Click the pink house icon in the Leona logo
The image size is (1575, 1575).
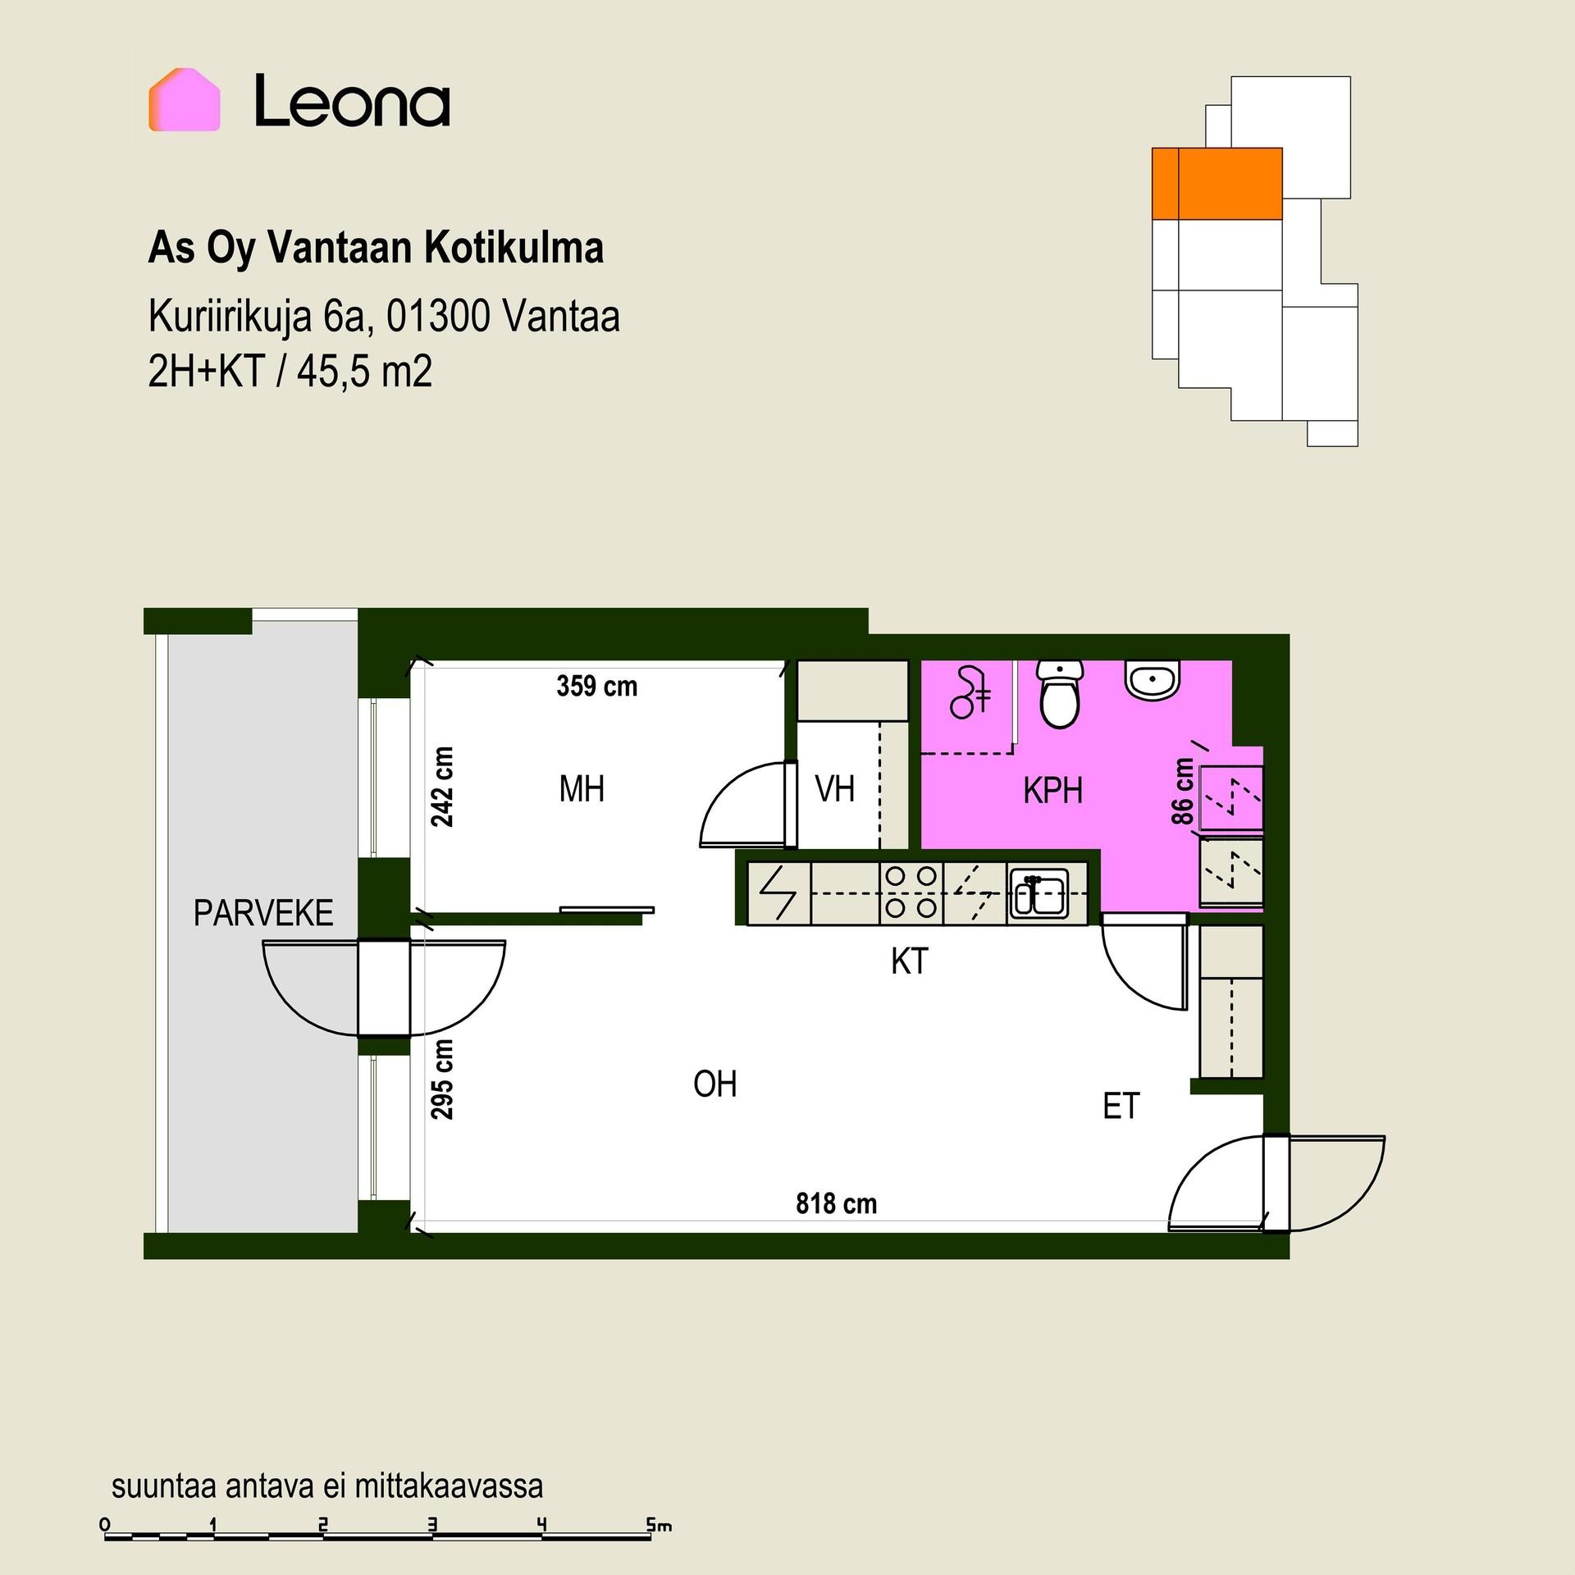[x=184, y=99]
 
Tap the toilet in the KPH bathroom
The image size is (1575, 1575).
[x=1060, y=695]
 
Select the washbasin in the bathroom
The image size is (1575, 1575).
[x=1153, y=680]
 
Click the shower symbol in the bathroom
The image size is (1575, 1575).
[x=970, y=694]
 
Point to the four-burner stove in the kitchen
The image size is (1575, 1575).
[x=911, y=892]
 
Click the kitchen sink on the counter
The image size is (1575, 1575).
[x=1039, y=892]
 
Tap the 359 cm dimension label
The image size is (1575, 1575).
[x=596, y=686]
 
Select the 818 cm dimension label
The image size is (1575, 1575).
[x=836, y=1203]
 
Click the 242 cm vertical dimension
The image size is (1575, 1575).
[x=442, y=786]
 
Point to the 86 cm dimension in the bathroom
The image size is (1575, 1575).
[x=1182, y=791]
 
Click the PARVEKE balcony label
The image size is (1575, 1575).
[x=263, y=913]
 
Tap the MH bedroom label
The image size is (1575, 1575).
[x=582, y=789]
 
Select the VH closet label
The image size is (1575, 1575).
[x=835, y=789]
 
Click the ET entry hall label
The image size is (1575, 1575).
[x=1121, y=1107]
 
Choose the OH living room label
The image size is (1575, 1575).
[x=714, y=1084]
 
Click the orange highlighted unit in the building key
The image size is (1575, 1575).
[x=1217, y=184]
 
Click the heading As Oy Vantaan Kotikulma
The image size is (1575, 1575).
[x=376, y=248]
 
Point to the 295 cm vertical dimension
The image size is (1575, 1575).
[x=442, y=1079]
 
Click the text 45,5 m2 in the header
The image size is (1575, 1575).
[x=364, y=372]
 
